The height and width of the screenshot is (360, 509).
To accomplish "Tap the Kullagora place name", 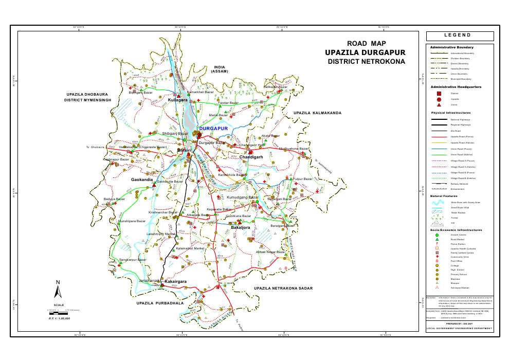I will point(178,100).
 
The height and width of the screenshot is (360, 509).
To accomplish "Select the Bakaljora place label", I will point(240,227).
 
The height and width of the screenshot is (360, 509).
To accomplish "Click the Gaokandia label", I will point(142,179).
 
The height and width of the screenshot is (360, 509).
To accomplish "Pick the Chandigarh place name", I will point(251,157).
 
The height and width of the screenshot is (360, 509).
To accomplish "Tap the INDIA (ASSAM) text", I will point(220,69).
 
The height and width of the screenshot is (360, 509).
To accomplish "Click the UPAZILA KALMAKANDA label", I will point(317,113).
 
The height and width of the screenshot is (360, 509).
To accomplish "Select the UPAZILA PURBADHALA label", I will point(160,303).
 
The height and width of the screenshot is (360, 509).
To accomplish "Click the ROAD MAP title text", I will point(366,44).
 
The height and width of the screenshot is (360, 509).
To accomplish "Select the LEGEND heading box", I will point(460,36).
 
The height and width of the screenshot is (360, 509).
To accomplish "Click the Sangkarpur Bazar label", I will point(133,260).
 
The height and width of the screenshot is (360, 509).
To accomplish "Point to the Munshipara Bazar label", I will point(132,221).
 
